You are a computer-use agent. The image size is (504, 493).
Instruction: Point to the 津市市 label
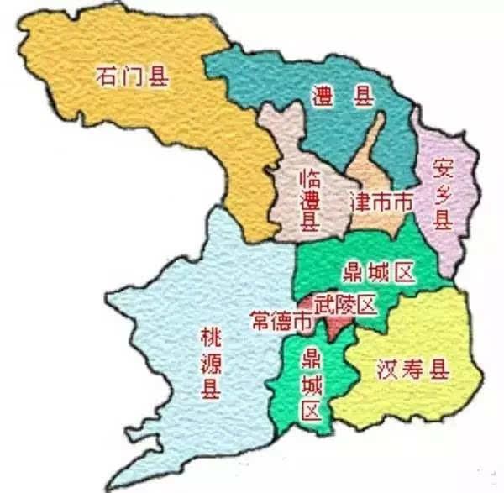(381, 202)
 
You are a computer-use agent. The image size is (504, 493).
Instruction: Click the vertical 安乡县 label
(443, 194)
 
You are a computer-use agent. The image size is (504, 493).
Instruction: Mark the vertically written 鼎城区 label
(311, 385)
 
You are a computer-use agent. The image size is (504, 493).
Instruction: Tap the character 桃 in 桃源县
(209, 338)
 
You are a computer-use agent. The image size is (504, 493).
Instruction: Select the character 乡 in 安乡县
(443, 194)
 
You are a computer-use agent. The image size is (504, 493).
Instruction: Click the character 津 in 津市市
(359, 202)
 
